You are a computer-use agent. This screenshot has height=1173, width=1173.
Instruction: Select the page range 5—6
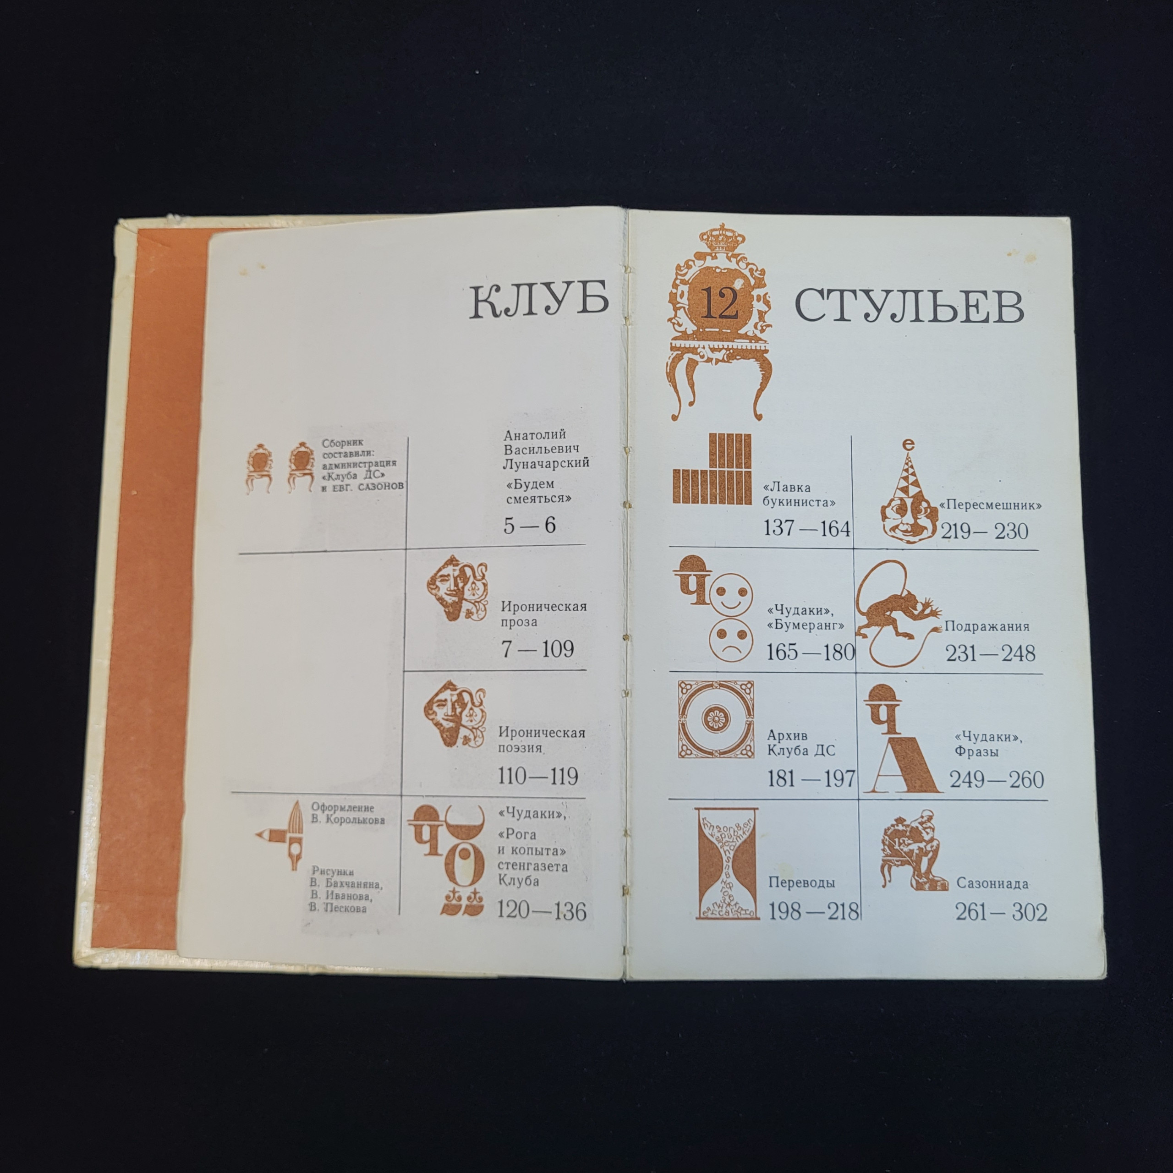pos(529,525)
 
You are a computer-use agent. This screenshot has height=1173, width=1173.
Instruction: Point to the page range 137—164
pos(806,528)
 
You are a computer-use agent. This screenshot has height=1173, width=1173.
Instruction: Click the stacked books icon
pos(711,468)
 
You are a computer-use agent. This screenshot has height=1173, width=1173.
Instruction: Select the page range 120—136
pos(542,911)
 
